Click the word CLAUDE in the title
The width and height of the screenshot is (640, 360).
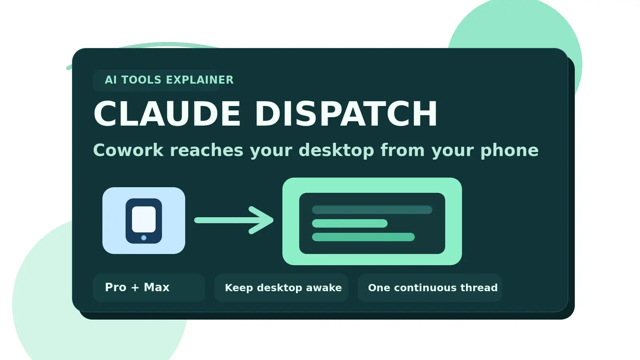coord(167,114)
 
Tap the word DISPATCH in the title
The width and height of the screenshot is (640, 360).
coord(346,114)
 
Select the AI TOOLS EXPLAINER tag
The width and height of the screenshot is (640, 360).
coord(169,80)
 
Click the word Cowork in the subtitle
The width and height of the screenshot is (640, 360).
coord(128,150)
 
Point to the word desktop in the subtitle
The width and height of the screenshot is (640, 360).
coord(336,150)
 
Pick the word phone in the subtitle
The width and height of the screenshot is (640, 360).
coord(509,150)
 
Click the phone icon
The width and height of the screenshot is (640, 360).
coord(144,221)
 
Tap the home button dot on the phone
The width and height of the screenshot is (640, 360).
coord(144,238)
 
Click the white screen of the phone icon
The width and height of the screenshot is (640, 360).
coord(144,219)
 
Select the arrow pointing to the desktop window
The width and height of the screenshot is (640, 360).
coord(234,220)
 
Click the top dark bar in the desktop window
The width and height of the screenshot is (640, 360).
coord(372,210)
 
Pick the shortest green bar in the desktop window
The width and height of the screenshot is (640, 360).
coord(350,223)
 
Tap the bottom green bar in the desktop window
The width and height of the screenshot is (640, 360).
coord(363,237)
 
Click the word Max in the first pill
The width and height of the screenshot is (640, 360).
coord(156,288)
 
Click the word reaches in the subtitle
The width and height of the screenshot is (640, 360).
coord(206,150)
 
